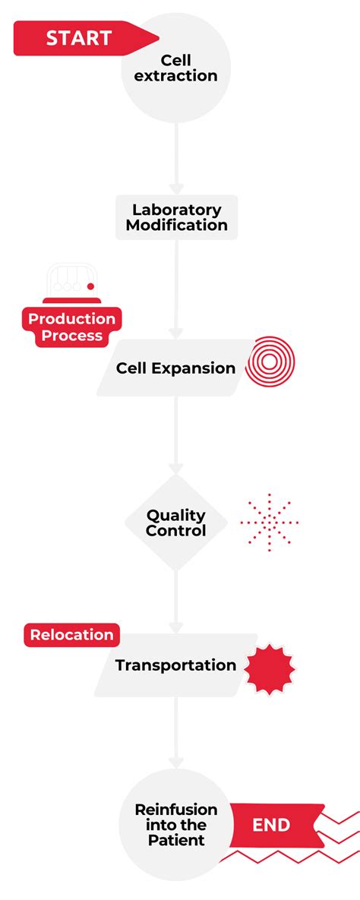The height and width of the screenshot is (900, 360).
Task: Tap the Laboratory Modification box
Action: pos(176,217)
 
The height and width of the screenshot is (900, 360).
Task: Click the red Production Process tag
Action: pos(72,327)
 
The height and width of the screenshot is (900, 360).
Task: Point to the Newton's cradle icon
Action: pos(71,281)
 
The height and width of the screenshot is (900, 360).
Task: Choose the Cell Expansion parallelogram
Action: pos(175,368)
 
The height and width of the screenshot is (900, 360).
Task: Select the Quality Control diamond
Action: pos(176,523)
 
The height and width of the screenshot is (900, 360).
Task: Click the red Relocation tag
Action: pos(71,635)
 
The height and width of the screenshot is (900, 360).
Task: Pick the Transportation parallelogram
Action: pos(175,665)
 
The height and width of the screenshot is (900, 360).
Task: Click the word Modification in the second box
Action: pos(176,226)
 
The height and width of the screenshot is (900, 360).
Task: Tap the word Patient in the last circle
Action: pos(176,841)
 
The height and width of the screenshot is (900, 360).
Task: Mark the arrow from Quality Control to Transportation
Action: pos(176,600)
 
